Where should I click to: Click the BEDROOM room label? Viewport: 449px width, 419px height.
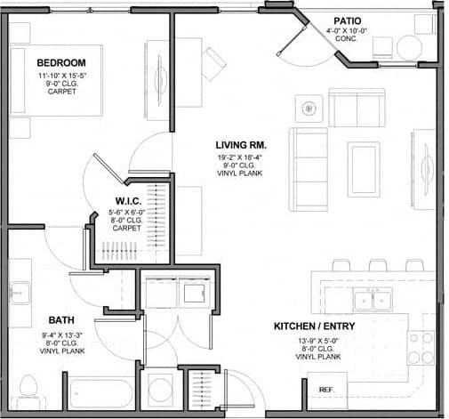point(61,62)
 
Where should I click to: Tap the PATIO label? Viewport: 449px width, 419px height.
point(347,20)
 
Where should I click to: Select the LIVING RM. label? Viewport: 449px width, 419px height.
point(241,144)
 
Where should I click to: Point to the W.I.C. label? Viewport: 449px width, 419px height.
point(124,201)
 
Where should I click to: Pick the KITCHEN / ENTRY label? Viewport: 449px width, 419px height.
point(314,326)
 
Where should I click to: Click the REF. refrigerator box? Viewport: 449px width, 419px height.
point(326,389)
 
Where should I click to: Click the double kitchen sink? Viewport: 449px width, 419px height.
point(372,300)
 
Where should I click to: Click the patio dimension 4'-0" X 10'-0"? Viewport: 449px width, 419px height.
point(347,30)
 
